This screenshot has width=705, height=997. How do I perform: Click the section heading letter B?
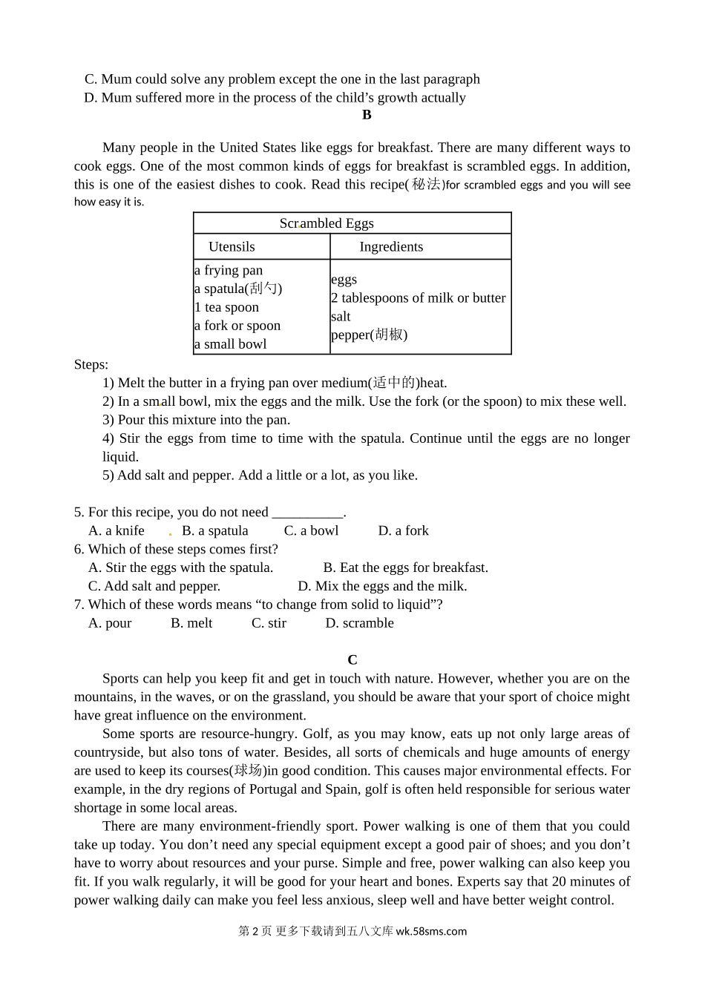coord(367,115)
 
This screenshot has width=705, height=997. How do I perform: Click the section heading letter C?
coord(352,659)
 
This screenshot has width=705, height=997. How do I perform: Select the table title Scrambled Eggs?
coord(327,223)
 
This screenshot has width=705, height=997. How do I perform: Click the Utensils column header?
coord(232,247)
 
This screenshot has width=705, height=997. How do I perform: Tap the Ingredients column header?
coord(391,247)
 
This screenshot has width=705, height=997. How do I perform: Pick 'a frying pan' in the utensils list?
coord(229,270)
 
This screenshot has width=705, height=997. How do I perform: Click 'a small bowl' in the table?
coord(231,344)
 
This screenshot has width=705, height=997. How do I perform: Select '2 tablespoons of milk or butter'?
coord(419,298)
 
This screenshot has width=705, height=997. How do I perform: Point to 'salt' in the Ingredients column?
coord(341,317)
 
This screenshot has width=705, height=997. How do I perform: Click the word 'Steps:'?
coord(91,365)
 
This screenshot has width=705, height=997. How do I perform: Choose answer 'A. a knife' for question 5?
coord(117,531)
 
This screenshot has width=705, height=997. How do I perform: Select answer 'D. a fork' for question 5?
coord(404,531)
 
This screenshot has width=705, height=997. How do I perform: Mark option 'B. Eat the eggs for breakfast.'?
coord(406,568)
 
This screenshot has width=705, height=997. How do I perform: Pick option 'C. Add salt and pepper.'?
coord(154,587)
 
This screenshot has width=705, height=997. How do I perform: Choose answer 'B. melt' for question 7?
coord(191,624)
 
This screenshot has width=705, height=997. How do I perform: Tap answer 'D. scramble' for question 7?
coord(360,624)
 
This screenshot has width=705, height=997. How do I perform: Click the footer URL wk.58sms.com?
coord(431,932)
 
